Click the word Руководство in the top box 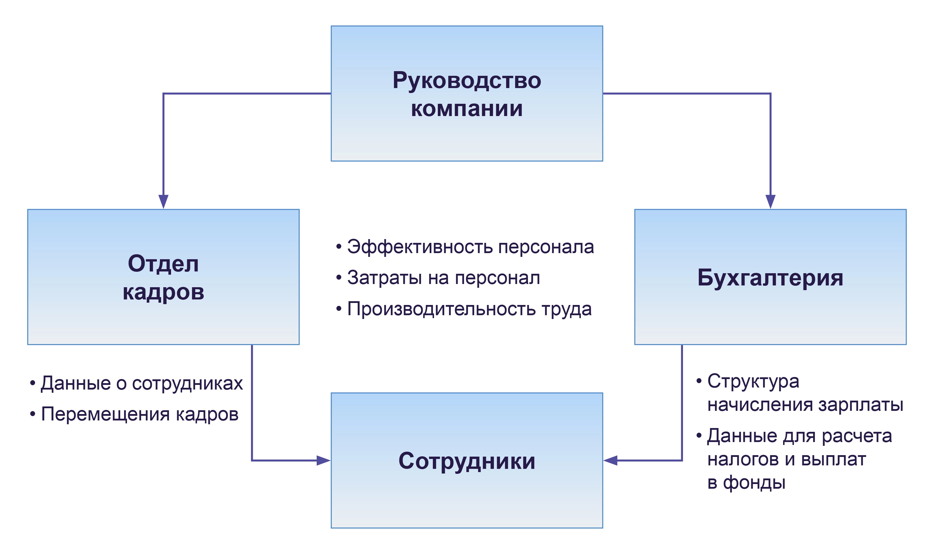[467, 81]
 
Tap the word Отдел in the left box [163, 264]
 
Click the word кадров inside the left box [163, 292]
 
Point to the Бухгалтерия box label [770, 278]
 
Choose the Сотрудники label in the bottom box [467, 461]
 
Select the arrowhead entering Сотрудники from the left [323, 460]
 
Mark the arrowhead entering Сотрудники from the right [611, 460]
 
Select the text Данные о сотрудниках [141, 383]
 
